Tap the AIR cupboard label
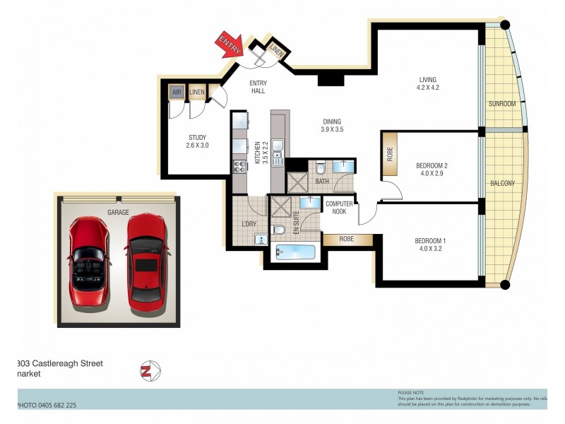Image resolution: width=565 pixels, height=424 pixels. pos(177,93)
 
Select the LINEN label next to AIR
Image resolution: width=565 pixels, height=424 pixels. pos(197,93)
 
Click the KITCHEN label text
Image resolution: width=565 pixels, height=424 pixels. pos(257,153)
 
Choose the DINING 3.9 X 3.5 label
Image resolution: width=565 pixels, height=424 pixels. pos(331,125)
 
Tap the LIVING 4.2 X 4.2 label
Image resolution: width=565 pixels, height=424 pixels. pos(427,83)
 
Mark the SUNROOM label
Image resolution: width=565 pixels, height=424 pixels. pos(502,104)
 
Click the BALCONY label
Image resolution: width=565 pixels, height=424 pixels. pos(503,184)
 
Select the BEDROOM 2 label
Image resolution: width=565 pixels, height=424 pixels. pos(432,169)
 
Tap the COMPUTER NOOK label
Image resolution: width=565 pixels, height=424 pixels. pos(339,208)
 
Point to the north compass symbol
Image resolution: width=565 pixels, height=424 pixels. pos(148,370)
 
